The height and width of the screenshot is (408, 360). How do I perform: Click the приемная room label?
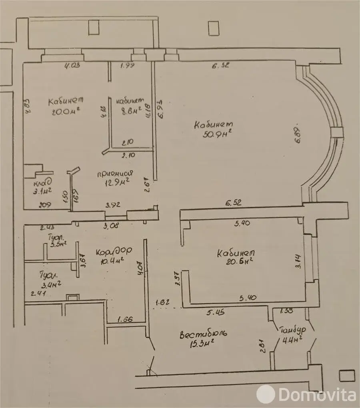click(x=115, y=173)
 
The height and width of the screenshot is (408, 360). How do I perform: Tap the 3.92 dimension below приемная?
click(x=112, y=206)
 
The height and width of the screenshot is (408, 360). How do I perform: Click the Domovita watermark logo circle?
click(x=266, y=394)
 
